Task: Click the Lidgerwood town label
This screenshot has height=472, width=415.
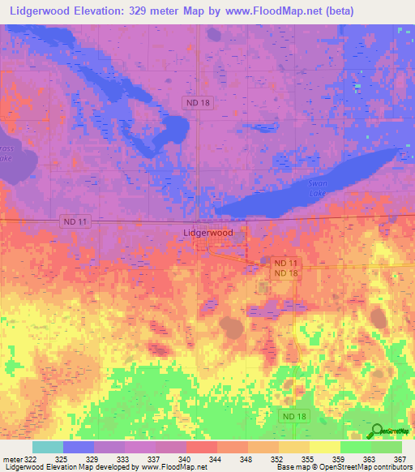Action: tap(207, 233)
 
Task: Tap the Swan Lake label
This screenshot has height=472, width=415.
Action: tap(318, 189)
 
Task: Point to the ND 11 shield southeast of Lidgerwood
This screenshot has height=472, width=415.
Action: tap(285, 264)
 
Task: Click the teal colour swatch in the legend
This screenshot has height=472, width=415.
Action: tap(48, 447)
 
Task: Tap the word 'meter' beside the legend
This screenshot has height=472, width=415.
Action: tap(10, 460)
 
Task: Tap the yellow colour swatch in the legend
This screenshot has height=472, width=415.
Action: tap(325, 447)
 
